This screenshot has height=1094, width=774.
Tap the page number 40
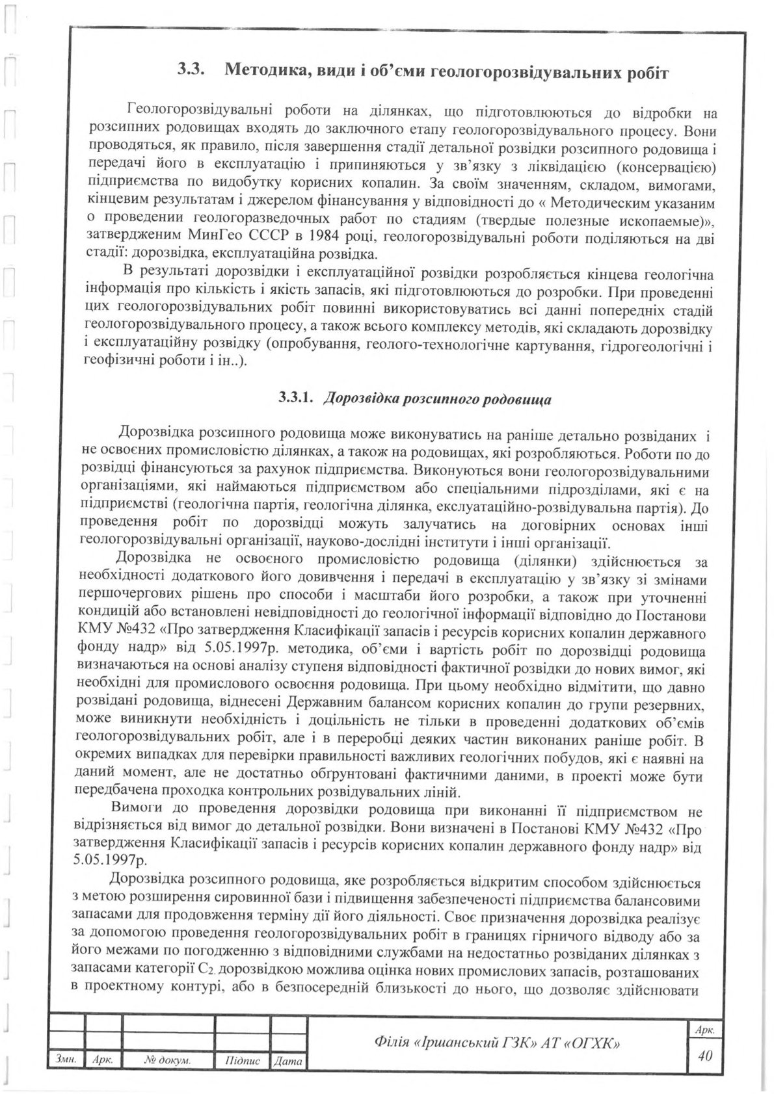tap(704, 1055)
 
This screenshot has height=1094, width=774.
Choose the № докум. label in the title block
tap(167, 1060)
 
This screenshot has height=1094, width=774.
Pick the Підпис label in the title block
tap(242, 1060)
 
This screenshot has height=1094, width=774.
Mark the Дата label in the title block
tap(288, 1061)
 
